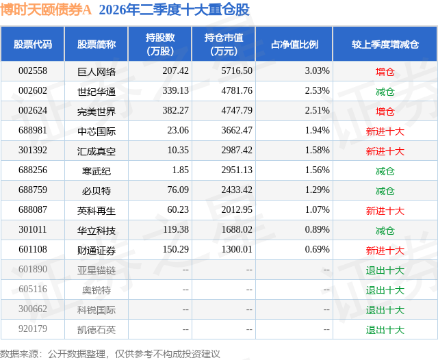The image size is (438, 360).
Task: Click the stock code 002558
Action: coord(33,71)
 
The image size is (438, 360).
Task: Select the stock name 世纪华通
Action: coord(96,91)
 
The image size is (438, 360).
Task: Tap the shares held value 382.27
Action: coord(176,111)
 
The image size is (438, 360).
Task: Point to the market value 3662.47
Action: coord(237,131)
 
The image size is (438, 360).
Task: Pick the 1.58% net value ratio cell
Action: coord(318,151)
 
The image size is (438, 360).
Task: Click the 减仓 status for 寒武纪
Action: coord(385,170)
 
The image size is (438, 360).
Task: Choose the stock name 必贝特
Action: coord(96,190)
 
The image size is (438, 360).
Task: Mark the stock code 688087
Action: coord(33,209)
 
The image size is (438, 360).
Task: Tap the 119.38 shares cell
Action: coord(176,229)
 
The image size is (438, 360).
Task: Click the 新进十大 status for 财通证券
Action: coord(385,250)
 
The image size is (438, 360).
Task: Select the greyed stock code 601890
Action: coord(33,269)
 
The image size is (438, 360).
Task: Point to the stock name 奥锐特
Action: coord(96,290)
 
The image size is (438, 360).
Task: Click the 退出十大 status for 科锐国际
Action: coord(385,309)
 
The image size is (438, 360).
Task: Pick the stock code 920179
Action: coord(33,329)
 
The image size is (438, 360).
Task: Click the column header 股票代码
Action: coord(33,44)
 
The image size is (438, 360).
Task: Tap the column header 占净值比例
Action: coord(294,44)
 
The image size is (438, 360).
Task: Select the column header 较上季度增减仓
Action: coord(385,44)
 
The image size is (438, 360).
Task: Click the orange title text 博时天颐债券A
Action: coord(46,10)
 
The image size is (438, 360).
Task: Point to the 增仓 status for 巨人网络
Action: coord(385,71)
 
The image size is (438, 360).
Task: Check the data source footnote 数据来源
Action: coord(19,354)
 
